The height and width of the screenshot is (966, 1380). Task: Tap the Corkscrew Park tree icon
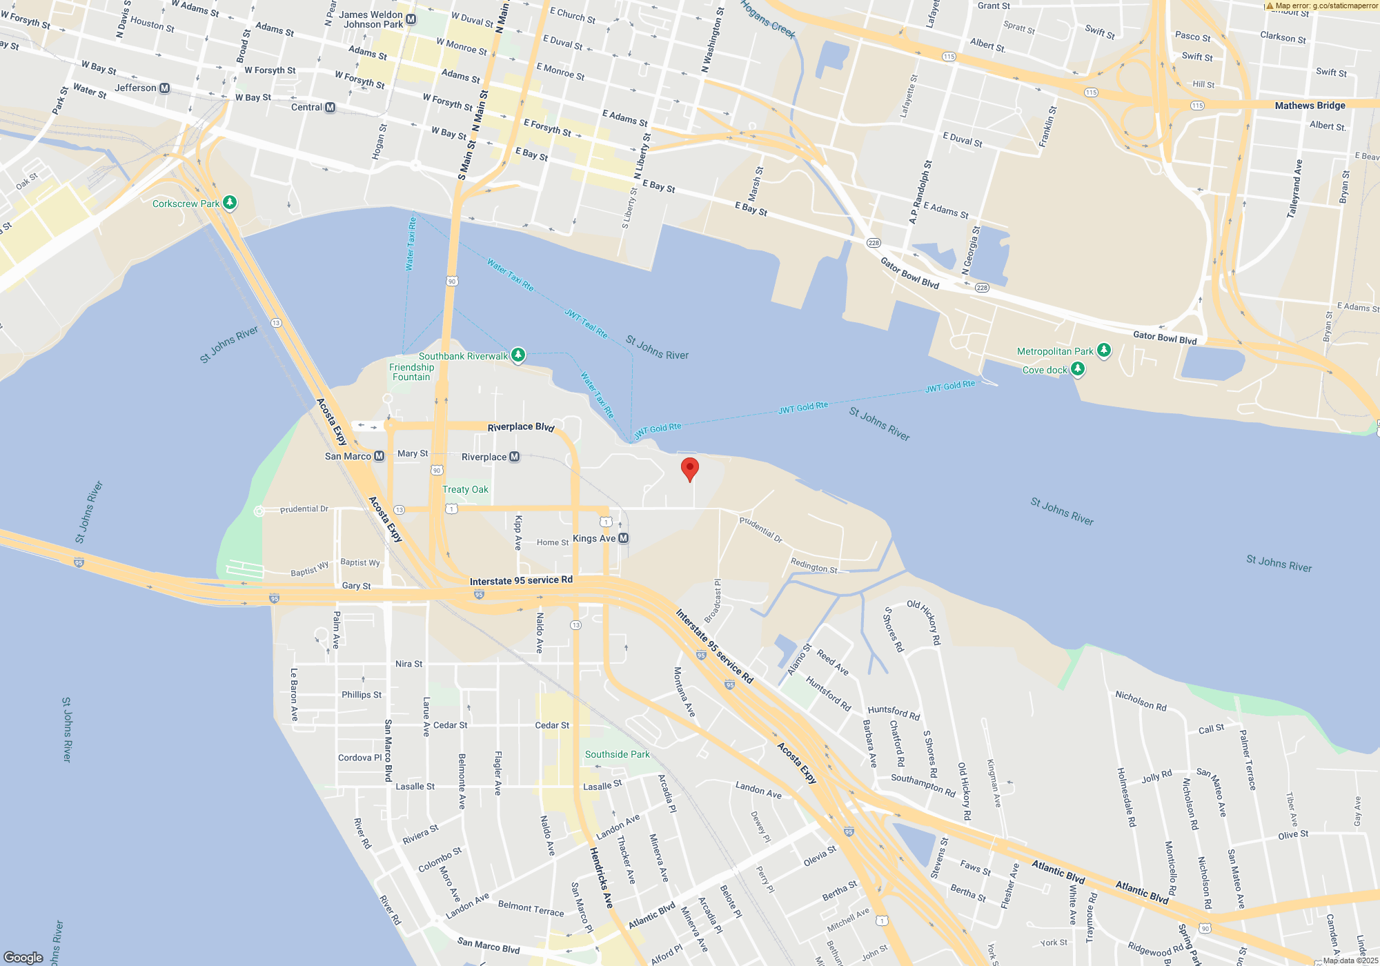click(x=230, y=203)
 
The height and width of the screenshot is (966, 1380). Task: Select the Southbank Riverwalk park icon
click(x=518, y=355)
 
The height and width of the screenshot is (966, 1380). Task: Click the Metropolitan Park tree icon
click(x=1104, y=351)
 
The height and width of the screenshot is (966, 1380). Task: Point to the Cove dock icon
click(x=1077, y=369)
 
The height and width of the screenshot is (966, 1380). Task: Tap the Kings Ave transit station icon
click(x=623, y=538)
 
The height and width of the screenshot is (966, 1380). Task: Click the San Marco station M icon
click(x=379, y=456)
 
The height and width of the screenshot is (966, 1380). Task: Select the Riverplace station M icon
click(x=514, y=457)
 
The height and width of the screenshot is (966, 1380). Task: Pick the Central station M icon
click(x=330, y=107)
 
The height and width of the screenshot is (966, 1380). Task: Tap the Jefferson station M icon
click(x=164, y=88)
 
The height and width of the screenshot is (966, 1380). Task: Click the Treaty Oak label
click(x=465, y=489)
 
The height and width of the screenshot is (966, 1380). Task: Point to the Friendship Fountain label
click(x=411, y=372)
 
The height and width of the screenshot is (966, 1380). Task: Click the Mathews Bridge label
click(x=1310, y=106)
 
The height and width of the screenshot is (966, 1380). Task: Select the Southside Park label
click(x=617, y=754)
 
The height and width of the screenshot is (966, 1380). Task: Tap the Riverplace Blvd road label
click(x=521, y=427)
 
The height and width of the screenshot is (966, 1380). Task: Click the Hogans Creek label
click(x=768, y=19)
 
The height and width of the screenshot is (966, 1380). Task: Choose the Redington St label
click(x=814, y=566)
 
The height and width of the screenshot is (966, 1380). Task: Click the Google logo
click(x=23, y=957)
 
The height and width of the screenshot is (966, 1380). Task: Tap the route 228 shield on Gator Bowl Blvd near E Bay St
click(x=874, y=243)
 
